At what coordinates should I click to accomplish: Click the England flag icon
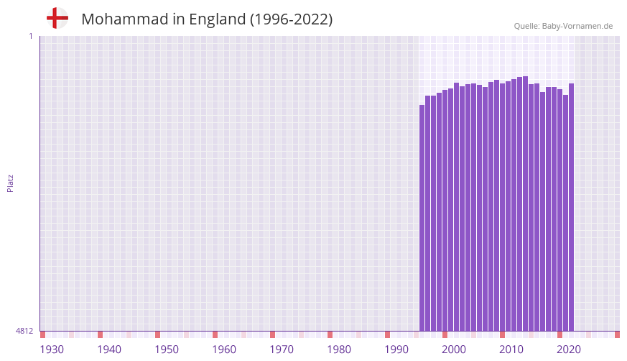pos(57,18)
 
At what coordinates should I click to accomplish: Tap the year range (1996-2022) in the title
pos(291,19)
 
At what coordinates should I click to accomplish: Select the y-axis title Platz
pos(10,183)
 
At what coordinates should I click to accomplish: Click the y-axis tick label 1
pos(30,36)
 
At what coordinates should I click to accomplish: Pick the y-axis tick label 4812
pos(24,331)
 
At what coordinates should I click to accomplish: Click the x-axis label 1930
pos(52,349)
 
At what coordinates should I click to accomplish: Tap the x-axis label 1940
pos(109,349)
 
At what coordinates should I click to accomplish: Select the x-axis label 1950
pos(167,349)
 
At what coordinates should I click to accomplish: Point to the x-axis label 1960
pos(224,349)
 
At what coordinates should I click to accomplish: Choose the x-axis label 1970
pos(282,349)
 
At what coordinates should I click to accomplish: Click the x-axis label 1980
pos(339,349)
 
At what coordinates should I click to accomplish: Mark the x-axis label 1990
pos(396,349)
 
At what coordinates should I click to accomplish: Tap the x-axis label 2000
pos(454,349)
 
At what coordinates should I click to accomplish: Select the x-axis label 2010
pos(511,349)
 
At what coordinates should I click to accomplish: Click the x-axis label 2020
pos(569,349)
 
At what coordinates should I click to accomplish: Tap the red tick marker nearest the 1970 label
pos(272,334)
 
